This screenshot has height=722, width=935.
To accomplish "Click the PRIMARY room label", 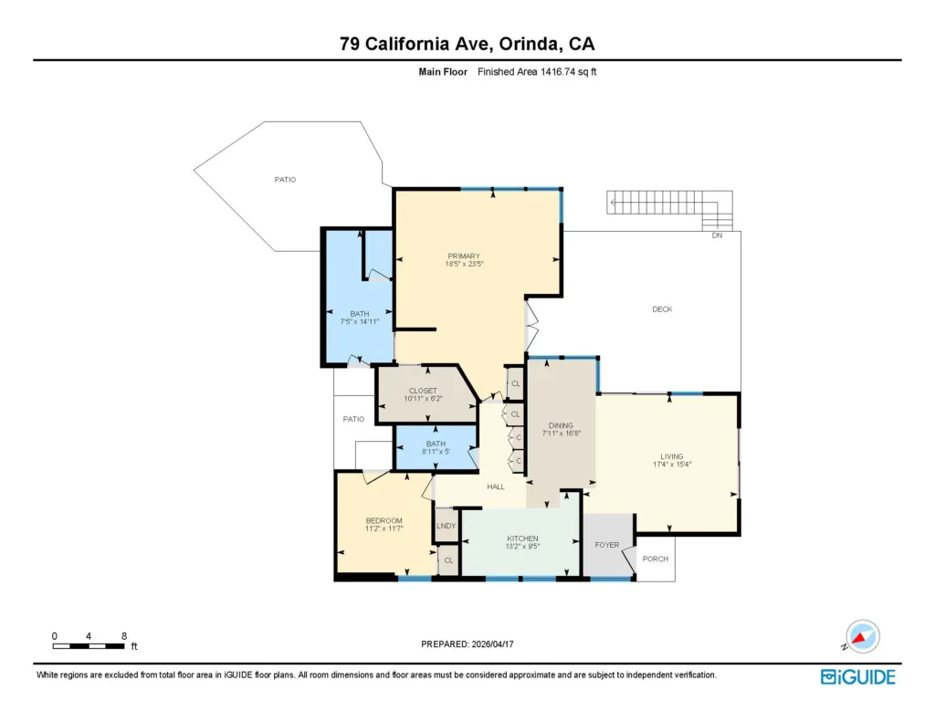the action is (x=464, y=256).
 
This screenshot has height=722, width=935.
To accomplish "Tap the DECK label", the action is (x=662, y=309).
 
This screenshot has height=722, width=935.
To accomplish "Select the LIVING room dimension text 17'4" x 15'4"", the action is (x=672, y=465).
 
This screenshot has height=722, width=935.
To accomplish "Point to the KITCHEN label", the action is (x=522, y=539).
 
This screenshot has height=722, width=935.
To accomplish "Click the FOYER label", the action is (x=607, y=545).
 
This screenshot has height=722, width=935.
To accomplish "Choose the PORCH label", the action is (x=656, y=559).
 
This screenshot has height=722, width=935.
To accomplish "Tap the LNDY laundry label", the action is (x=446, y=526).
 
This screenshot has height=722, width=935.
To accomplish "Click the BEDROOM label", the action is (x=384, y=520).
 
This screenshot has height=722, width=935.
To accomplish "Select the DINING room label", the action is (x=562, y=425).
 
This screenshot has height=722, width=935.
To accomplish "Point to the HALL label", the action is (x=496, y=487).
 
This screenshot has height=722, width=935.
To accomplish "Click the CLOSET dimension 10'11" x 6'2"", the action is (x=423, y=398).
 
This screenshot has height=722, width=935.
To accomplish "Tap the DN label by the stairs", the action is (x=717, y=235).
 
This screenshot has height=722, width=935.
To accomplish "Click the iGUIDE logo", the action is (x=858, y=677).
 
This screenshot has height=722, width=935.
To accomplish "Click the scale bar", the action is (x=89, y=645).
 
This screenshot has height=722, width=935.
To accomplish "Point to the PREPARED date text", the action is (x=467, y=644).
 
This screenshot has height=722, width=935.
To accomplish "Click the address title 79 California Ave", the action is (x=415, y=44).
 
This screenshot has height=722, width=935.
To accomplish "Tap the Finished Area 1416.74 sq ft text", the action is (x=537, y=71).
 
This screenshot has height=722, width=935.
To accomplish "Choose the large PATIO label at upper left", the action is (x=285, y=180).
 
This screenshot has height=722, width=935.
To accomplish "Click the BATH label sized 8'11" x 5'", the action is (x=436, y=444).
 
